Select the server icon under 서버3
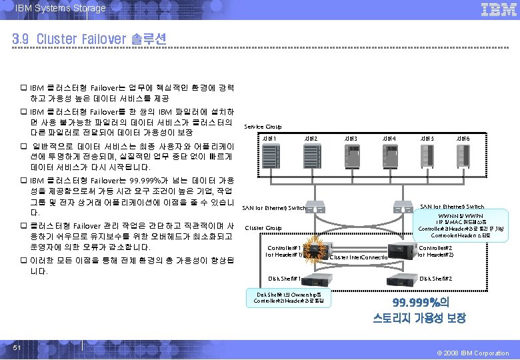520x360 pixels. point(351,157)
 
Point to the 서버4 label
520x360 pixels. point(388,138)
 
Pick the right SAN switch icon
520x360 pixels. point(403,206)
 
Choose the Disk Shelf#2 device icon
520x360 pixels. point(400,277)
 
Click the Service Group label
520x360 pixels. point(263,126)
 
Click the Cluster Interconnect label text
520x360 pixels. point(359,257)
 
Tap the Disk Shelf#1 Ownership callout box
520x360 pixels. point(287,297)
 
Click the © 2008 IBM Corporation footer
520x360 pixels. point(474,353)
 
